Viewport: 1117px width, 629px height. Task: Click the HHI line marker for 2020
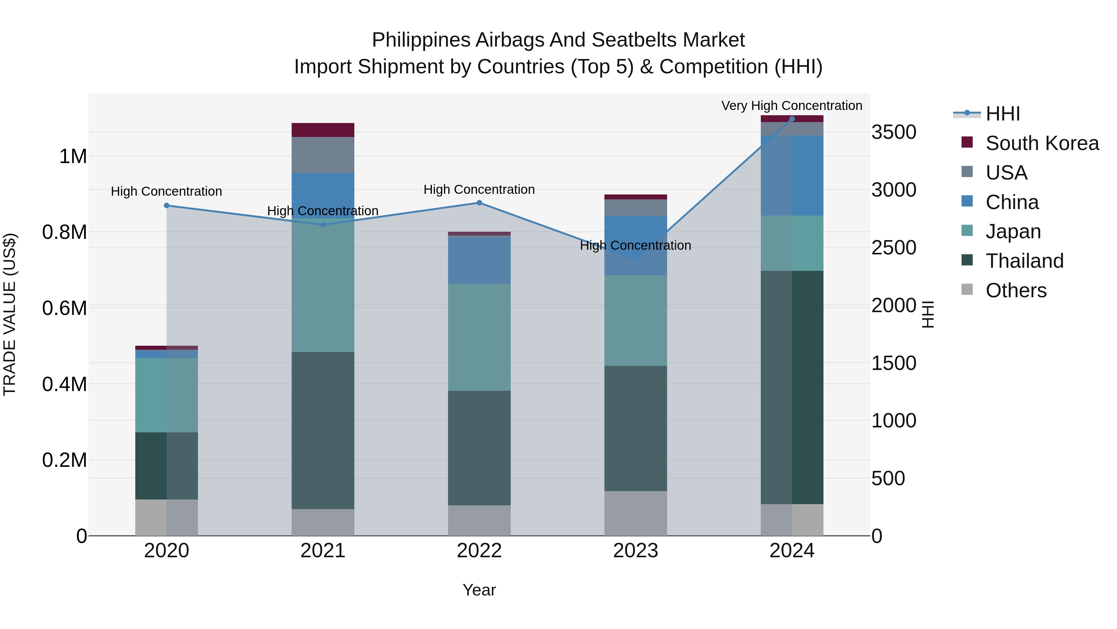167,205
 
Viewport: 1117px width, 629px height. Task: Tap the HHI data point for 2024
792,119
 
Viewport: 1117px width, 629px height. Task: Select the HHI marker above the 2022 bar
479,203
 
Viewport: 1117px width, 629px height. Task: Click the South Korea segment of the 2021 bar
323,130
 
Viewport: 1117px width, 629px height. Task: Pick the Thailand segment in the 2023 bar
635,428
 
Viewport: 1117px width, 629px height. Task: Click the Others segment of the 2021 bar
323,522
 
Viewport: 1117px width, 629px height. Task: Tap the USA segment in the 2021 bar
323,155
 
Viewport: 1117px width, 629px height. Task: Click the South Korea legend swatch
967,142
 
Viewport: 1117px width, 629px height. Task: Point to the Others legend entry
1016,290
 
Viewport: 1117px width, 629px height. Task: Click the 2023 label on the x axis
635,551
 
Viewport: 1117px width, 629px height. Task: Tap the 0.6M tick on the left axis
65,308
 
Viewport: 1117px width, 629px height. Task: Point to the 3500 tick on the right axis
894,132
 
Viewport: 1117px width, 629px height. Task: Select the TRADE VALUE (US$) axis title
10,314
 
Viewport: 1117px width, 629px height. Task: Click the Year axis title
479,590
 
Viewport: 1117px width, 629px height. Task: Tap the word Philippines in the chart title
421,40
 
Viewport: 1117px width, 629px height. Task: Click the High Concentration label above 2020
167,191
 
